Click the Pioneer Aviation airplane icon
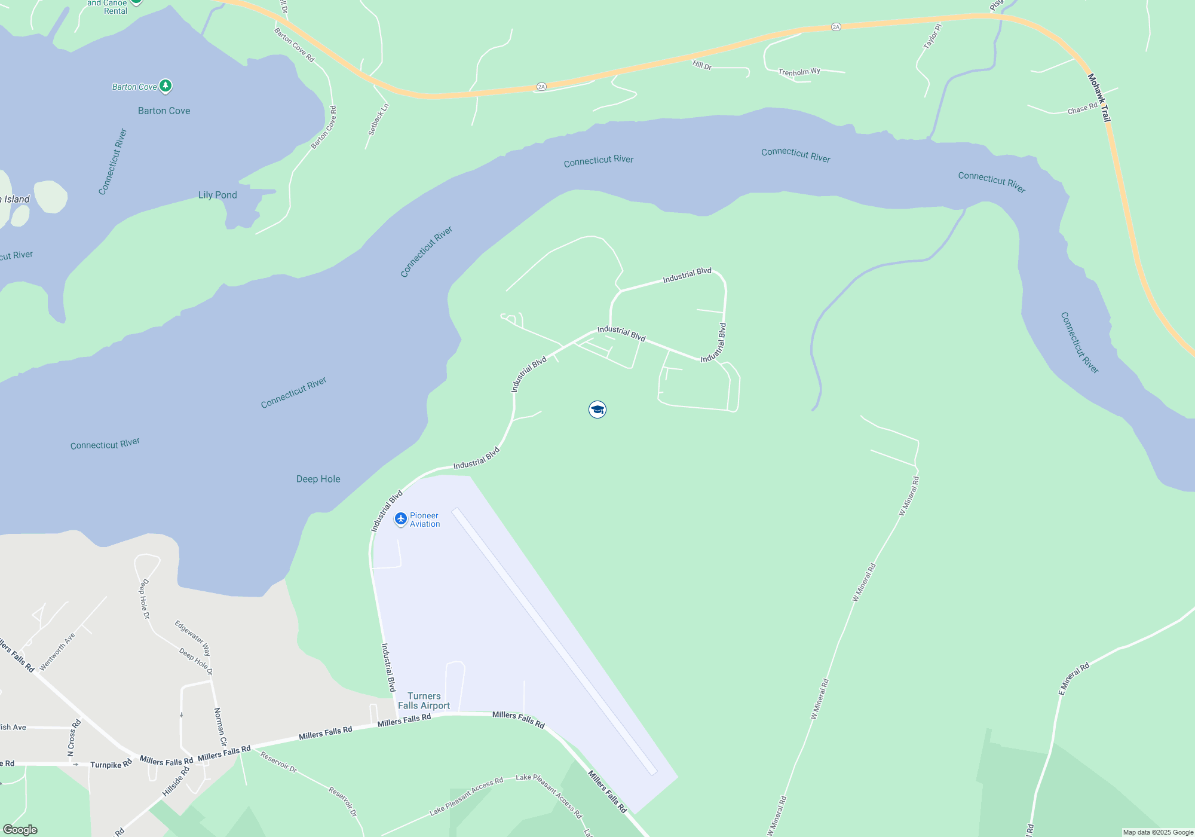point(401,519)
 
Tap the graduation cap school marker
point(597,410)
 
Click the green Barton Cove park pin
point(166,86)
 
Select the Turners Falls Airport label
point(424,701)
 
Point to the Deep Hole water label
point(318,479)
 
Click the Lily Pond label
point(217,195)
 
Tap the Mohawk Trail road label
point(1099,97)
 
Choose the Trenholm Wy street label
point(799,72)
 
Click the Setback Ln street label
point(378,120)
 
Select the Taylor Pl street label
point(932,36)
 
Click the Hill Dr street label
point(702,65)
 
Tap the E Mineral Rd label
point(1074,679)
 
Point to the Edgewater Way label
point(192,638)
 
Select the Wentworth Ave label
point(57,652)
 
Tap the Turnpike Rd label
point(111,765)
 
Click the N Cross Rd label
point(74,738)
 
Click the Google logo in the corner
point(20,830)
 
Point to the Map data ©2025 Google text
point(1157,832)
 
